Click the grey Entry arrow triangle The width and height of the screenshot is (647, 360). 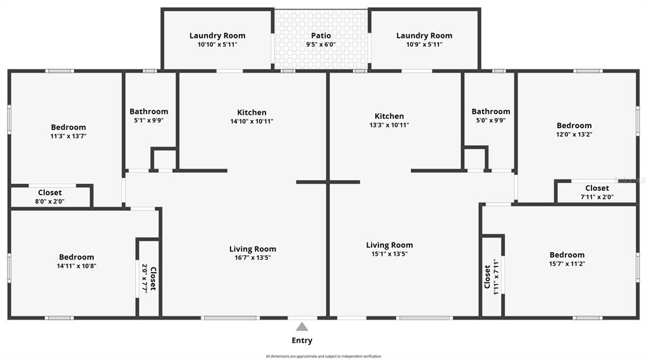[x=302, y=327]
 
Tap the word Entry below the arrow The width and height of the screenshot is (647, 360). [x=302, y=340]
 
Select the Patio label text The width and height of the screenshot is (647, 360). [x=321, y=35]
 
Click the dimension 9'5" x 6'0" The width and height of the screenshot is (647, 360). [x=321, y=45]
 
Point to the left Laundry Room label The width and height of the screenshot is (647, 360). [x=217, y=35]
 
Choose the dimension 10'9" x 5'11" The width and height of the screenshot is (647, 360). [x=424, y=45]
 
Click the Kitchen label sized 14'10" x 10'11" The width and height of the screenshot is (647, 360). [x=252, y=112]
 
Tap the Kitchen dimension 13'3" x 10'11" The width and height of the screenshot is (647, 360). [x=389, y=125]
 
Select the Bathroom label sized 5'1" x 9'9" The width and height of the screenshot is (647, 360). [x=149, y=112]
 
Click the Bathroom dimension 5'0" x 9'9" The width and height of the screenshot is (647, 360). [x=491, y=120]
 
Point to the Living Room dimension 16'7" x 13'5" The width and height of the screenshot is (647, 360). [x=253, y=258]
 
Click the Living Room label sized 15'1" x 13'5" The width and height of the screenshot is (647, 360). [x=389, y=245]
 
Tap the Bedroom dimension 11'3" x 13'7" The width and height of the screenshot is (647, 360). [x=68, y=136]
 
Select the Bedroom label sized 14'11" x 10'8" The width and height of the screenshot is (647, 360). [x=76, y=257]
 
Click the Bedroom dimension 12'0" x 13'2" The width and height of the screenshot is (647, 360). [x=574, y=134]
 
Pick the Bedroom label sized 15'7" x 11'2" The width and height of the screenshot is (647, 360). [x=567, y=255]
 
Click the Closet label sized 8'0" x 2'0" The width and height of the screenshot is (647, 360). [x=50, y=193]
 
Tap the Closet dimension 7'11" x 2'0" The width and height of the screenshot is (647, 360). [x=597, y=197]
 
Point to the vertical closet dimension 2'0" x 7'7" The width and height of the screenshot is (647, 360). [x=145, y=279]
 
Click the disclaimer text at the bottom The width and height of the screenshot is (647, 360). [x=323, y=356]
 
